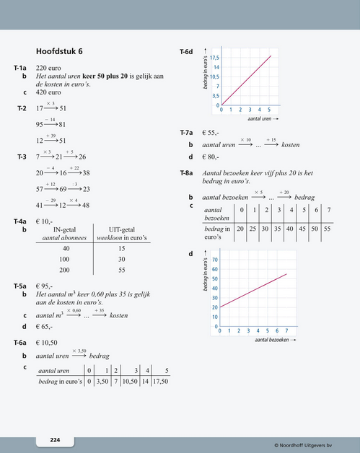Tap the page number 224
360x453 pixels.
55,439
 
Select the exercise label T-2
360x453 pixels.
22,108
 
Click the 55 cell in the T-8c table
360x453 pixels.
327,229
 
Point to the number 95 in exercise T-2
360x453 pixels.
40,124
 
